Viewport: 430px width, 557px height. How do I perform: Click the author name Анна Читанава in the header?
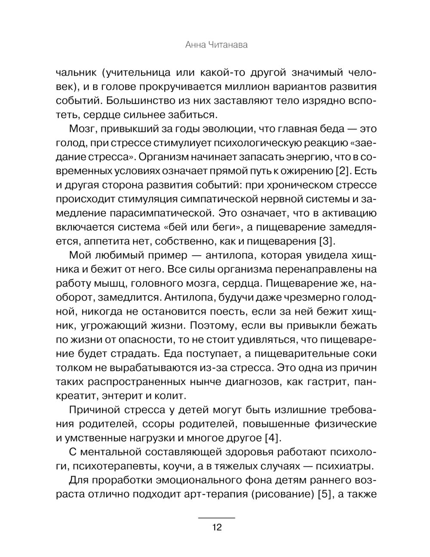coord(216,45)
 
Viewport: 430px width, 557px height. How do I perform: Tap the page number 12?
coord(216,527)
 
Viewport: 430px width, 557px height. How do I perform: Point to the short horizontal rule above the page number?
coord(216,518)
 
